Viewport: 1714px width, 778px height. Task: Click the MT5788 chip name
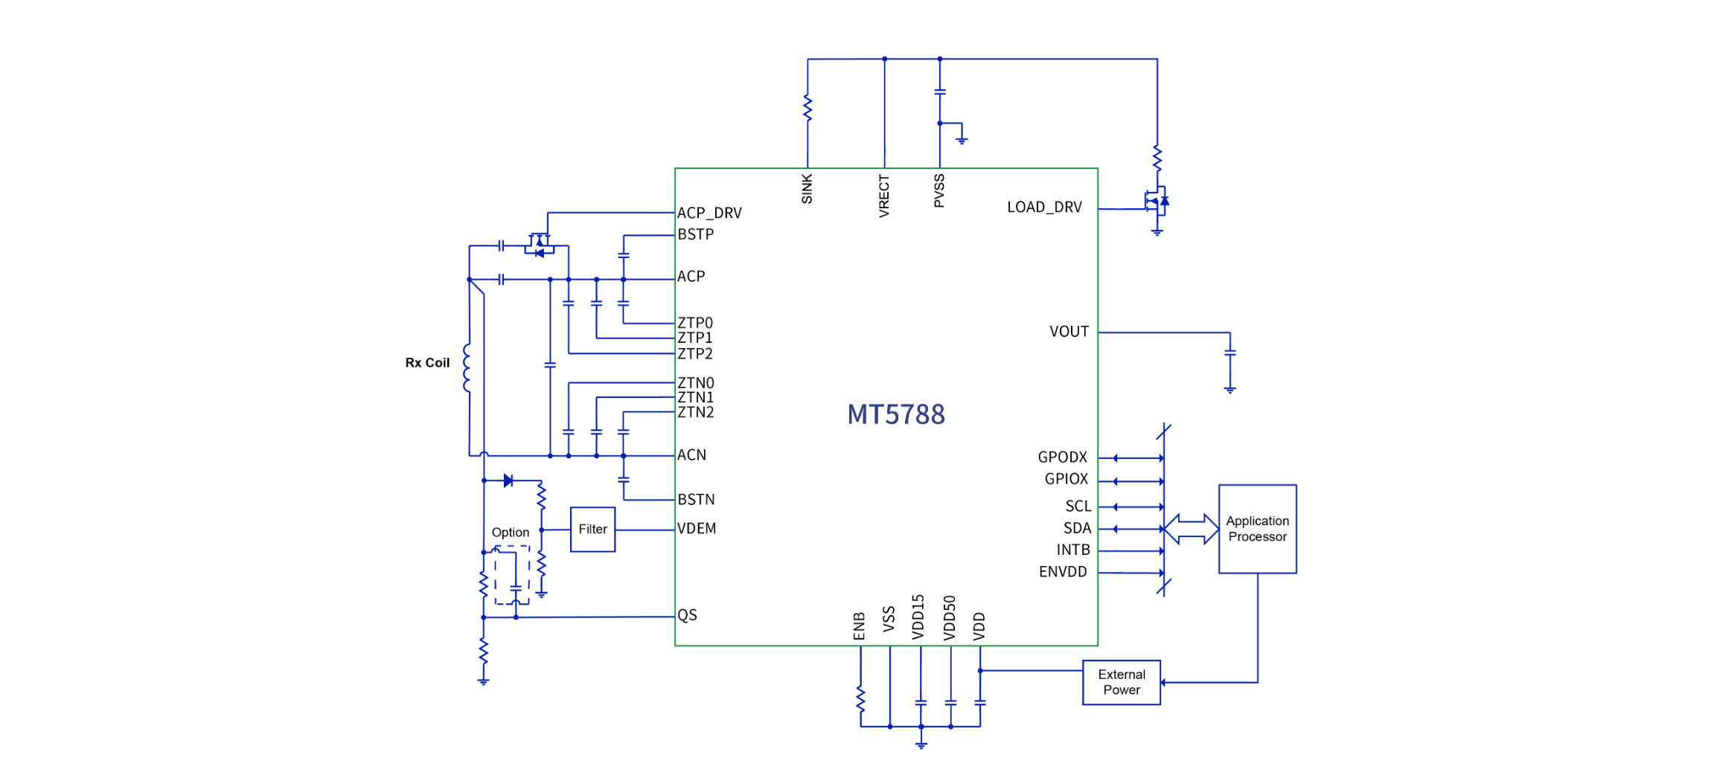pyautogui.click(x=896, y=414)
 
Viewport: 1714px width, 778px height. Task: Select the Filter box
pyautogui.click(x=592, y=530)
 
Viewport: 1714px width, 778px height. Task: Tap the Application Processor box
pyautogui.click(x=1257, y=529)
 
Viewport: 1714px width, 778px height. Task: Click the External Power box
pyautogui.click(x=1121, y=682)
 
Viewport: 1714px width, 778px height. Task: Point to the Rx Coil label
pyautogui.click(x=427, y=363)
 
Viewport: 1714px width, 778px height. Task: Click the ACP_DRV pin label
pyautogui.click(x=709, y=213)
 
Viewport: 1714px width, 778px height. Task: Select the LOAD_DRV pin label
pyautogui.click(x=1044, y=208)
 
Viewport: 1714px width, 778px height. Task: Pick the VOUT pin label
pyautogui.click(x=1069, y=332)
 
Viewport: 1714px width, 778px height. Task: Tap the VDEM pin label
pyautogui.click(x=697, y=529)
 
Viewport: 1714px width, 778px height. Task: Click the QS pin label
pyautogui.click(x=687, y=615)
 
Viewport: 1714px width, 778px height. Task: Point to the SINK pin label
pyautogui.click(x=808, y=189)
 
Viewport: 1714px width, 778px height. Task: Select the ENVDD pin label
pyautogui.click(x=1063, y=572)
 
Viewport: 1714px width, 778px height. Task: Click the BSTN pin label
pyautogui.click(x=696, y=500)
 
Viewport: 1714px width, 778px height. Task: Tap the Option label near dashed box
pyautogui.click(x=510, y=533)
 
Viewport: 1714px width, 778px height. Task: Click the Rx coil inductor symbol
pyautogui.click(x=467, y=367)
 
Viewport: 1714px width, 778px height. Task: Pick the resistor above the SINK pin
pyautogui.click(x=808, y=108)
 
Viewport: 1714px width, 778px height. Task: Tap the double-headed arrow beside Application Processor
pyautogui.click(x=1191, y=529)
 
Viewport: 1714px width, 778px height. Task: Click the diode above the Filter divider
pyautogui.click(x=508, y=480)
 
